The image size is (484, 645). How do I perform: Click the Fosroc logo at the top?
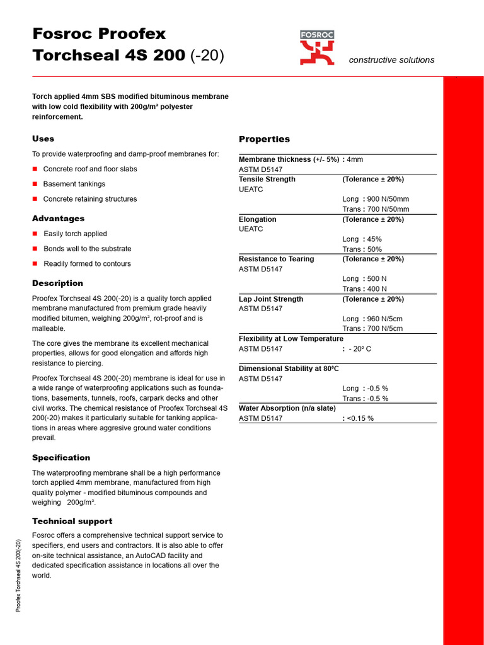(317, 48)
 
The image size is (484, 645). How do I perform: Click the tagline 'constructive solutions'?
(391, 60)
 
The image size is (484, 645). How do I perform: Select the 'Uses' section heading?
(43, 139)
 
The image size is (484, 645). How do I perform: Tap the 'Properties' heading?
(264, 139)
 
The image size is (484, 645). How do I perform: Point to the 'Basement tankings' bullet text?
(74, 184)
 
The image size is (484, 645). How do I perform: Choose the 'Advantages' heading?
(58, 219)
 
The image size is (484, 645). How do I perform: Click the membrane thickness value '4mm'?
(355, 159)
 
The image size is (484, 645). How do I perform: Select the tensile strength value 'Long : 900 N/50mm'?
(376, 199)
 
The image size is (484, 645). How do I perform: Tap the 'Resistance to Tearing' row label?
(276, 259)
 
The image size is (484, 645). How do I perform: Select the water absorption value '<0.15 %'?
(360, 418)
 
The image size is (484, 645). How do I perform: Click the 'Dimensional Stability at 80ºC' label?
(289, 368)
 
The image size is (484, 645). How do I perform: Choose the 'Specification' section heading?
(61, 458)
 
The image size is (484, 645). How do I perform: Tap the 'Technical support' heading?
(72, 522)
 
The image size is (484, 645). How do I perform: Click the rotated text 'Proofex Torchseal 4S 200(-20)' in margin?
(18, 575)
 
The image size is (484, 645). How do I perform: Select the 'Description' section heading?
(57, 283)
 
